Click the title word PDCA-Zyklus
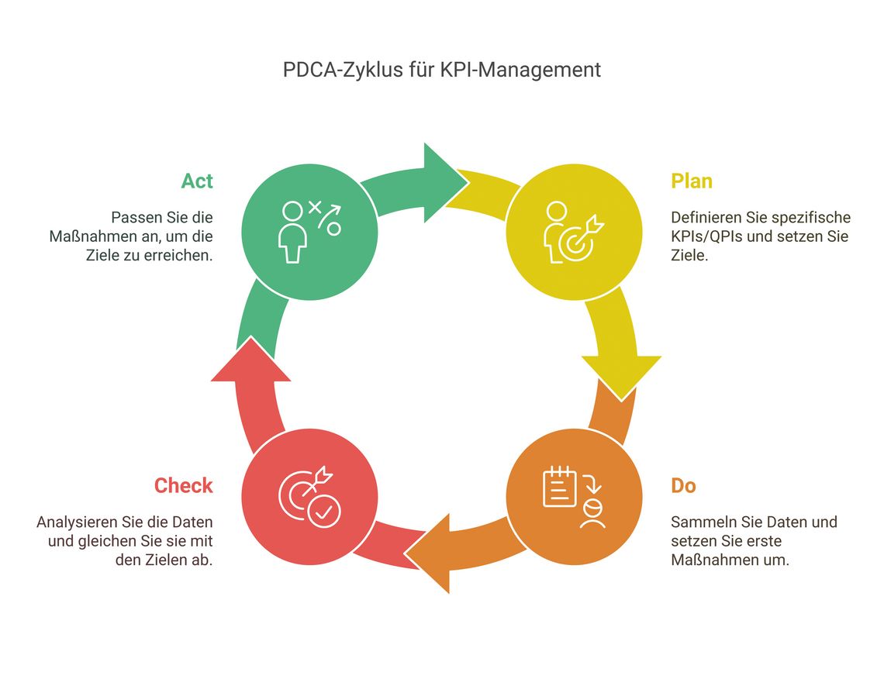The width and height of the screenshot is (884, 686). (x=343, y=70)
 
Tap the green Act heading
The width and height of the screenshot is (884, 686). (x=197, y=181)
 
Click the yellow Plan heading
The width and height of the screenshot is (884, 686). (x=692, y=181)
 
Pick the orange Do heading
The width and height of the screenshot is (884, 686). (x=683, y=485)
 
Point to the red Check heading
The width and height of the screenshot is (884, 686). (x=183, y=485)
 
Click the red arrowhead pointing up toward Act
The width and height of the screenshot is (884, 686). (x=251, y=361)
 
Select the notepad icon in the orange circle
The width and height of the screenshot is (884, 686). (x=559, y=487)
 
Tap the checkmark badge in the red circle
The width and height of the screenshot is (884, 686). (x=324, y=512)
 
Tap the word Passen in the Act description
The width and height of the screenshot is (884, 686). (x=133, y=218)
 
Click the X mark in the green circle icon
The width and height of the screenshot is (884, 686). (x=315, y=208)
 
